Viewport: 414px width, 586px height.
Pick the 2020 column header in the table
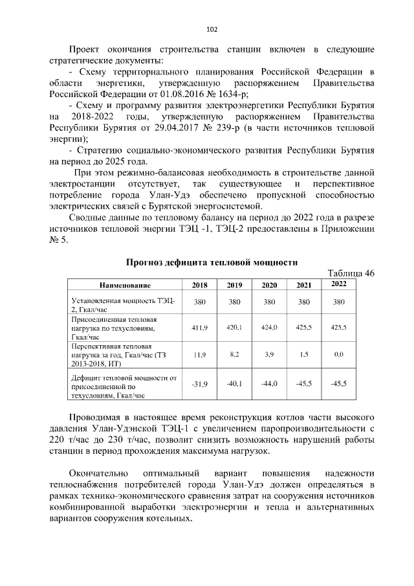click(269, 285)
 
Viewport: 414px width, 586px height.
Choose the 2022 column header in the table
click(338, 284)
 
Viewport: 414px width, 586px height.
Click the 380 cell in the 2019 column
click(234, 302)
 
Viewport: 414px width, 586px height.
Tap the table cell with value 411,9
click(200, 328)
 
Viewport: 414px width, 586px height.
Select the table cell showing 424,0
click(269, 328)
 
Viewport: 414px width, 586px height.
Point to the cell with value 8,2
click(234, 355)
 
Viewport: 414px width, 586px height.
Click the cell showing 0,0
click(338, 355)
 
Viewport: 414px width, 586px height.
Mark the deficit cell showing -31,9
click(200, 384)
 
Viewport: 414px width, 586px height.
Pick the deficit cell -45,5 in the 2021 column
click(303, 384)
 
